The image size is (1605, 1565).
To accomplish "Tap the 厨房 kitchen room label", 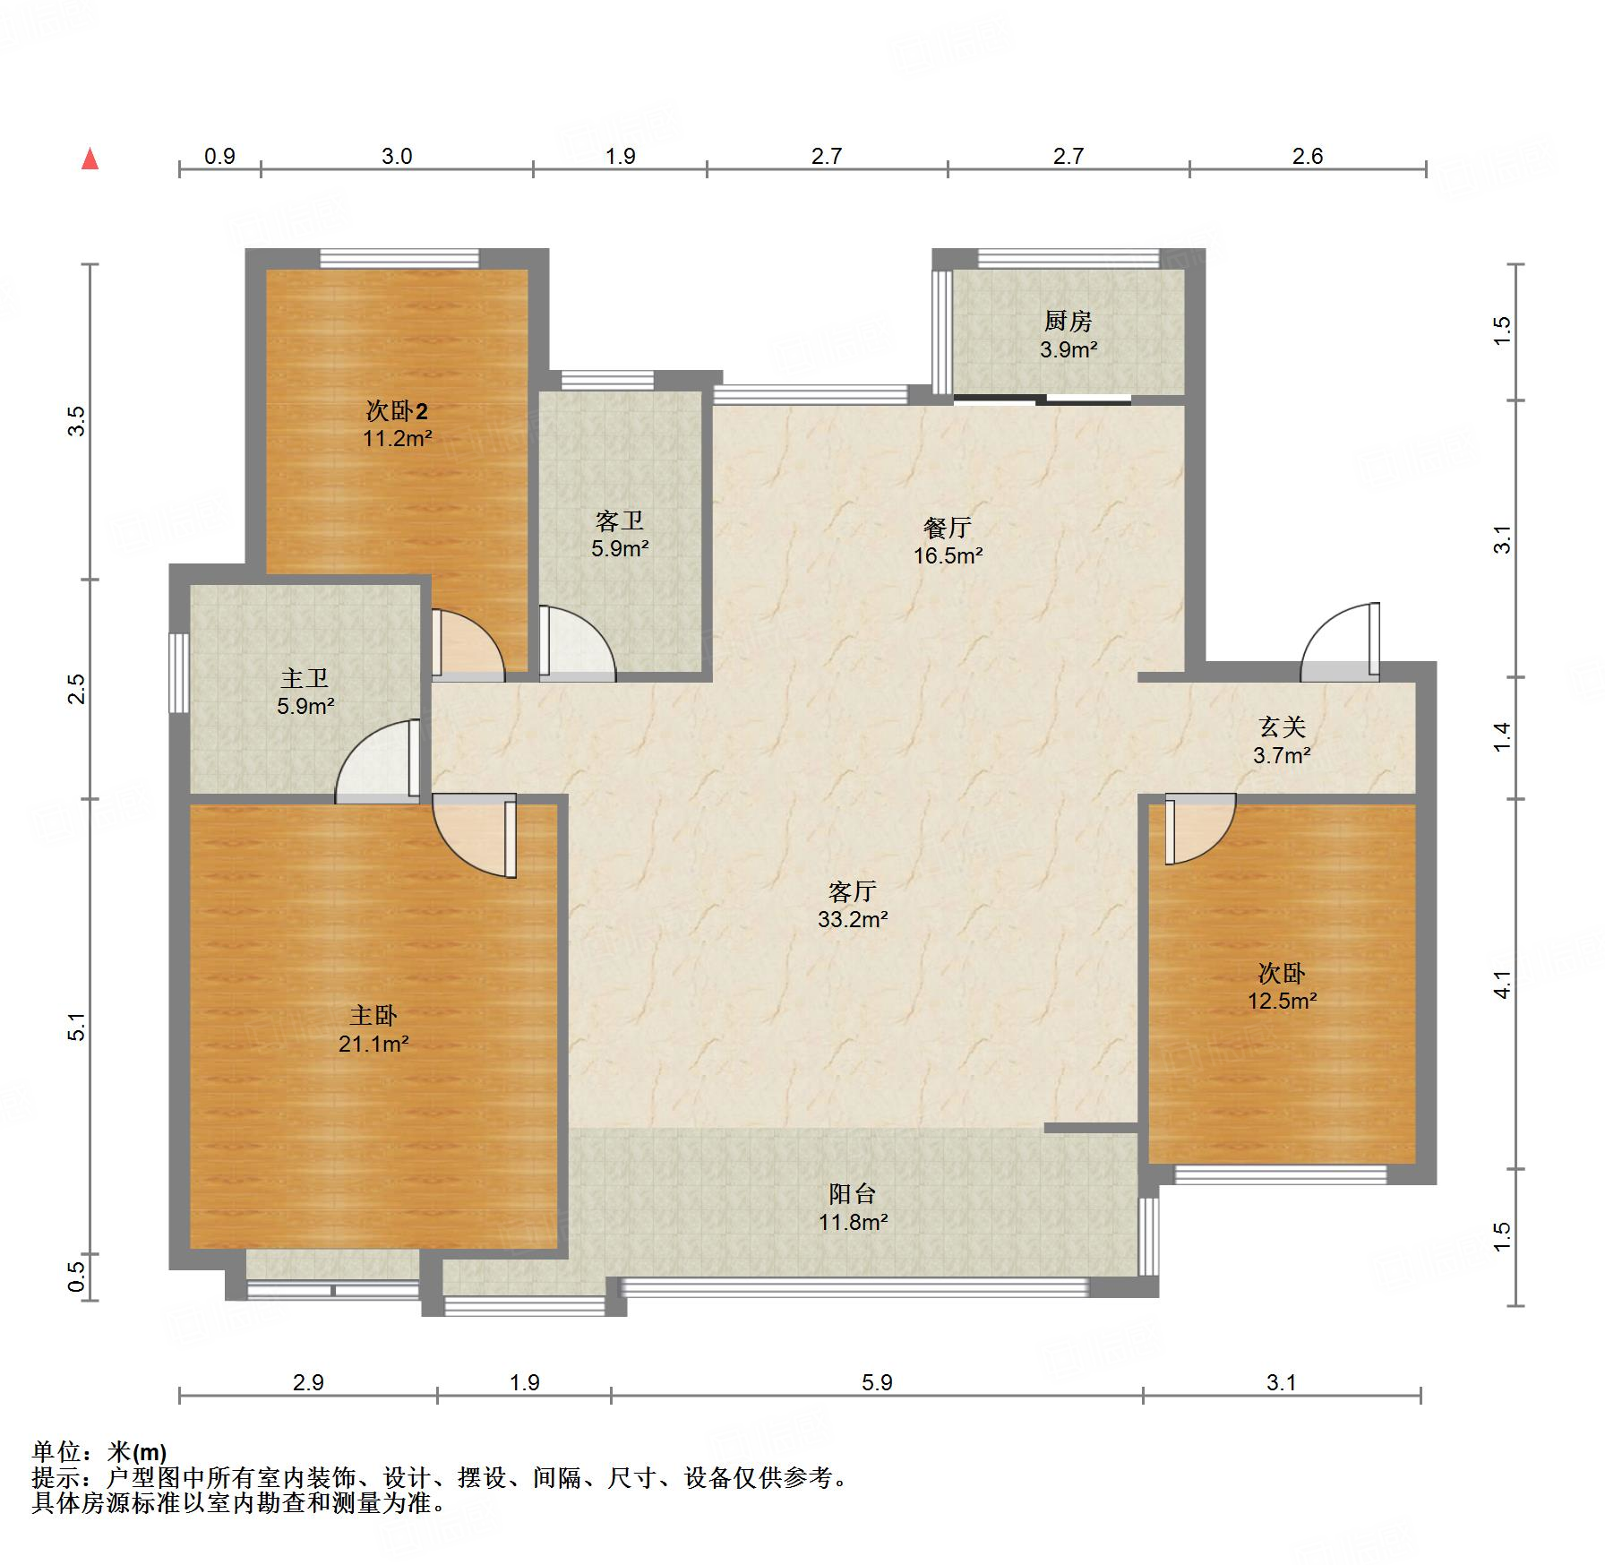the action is pyautogui.click(x=1069, y=321).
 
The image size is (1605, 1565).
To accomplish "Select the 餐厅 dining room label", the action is pyautogui.click(x=948, y=528).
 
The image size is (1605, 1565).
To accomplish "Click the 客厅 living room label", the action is pyautogui.click(x=852, y=891).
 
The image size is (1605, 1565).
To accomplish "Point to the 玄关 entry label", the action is pyautogui.click(x=1282, y=727).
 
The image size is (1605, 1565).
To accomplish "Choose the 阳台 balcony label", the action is pyautogui.click(x=852, y=1193).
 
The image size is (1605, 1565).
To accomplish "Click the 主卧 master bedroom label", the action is pyautogui.click(x=373, y=1015).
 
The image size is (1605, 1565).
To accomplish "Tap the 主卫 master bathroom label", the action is pyautogui.click(x=305, y=678).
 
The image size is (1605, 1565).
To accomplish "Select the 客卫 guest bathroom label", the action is pyautogui.click(x=620, y=520).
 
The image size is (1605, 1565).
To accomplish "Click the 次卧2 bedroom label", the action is pyautogui.click(x=397, y=411).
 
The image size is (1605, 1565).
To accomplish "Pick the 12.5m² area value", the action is pyautogui.click(x=1283, y=1001).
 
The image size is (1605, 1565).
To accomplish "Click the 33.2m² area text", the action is pyautogui.click(x=853, y=919).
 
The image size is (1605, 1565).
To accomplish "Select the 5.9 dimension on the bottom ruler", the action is pyautogui.click(x=878, y=1382).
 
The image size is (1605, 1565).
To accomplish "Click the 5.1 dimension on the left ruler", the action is pyautogui.click(x=78, y=1026).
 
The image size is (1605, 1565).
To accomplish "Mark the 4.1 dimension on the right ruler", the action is pyautogui.click(x=1502, y=985).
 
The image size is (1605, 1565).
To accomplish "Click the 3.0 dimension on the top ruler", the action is pyautogui.click(x=397, y=156).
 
